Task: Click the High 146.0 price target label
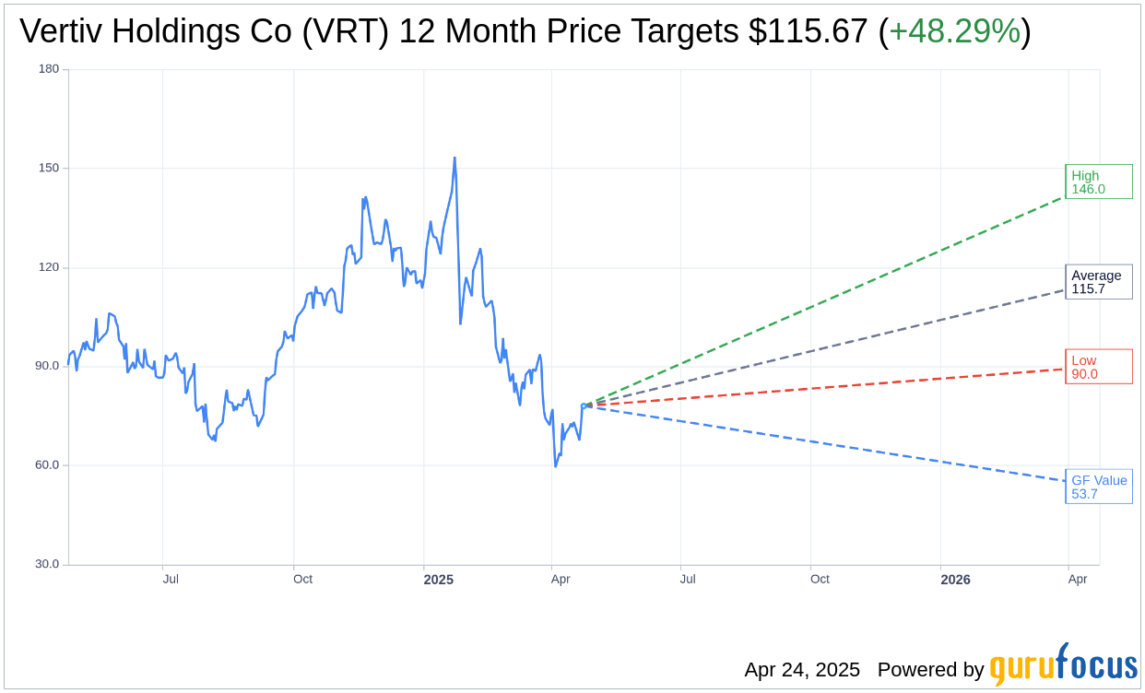click(1098, 182)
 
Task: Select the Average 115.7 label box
click(1098, 282)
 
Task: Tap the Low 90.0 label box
click(1098, 367)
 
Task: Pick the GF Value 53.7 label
click(1098, 487)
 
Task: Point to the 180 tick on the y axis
click(49, 69)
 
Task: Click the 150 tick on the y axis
click(49, 169)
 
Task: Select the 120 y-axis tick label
click(49, 267)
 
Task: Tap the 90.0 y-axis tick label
click(47, 366)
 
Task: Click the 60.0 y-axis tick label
click(47, 465)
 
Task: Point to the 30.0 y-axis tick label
click(47, 564)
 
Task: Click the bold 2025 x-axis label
click(438, 580)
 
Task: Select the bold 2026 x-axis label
click(955, 580)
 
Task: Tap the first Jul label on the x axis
click(171, 580)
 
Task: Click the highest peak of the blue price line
click(454, 158)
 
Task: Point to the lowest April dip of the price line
click(555, 465)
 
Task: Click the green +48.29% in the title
click(954, 31)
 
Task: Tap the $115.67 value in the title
click(808, 31)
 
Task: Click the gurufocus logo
click(1063, 665)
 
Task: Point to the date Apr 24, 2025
click(802, 670)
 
